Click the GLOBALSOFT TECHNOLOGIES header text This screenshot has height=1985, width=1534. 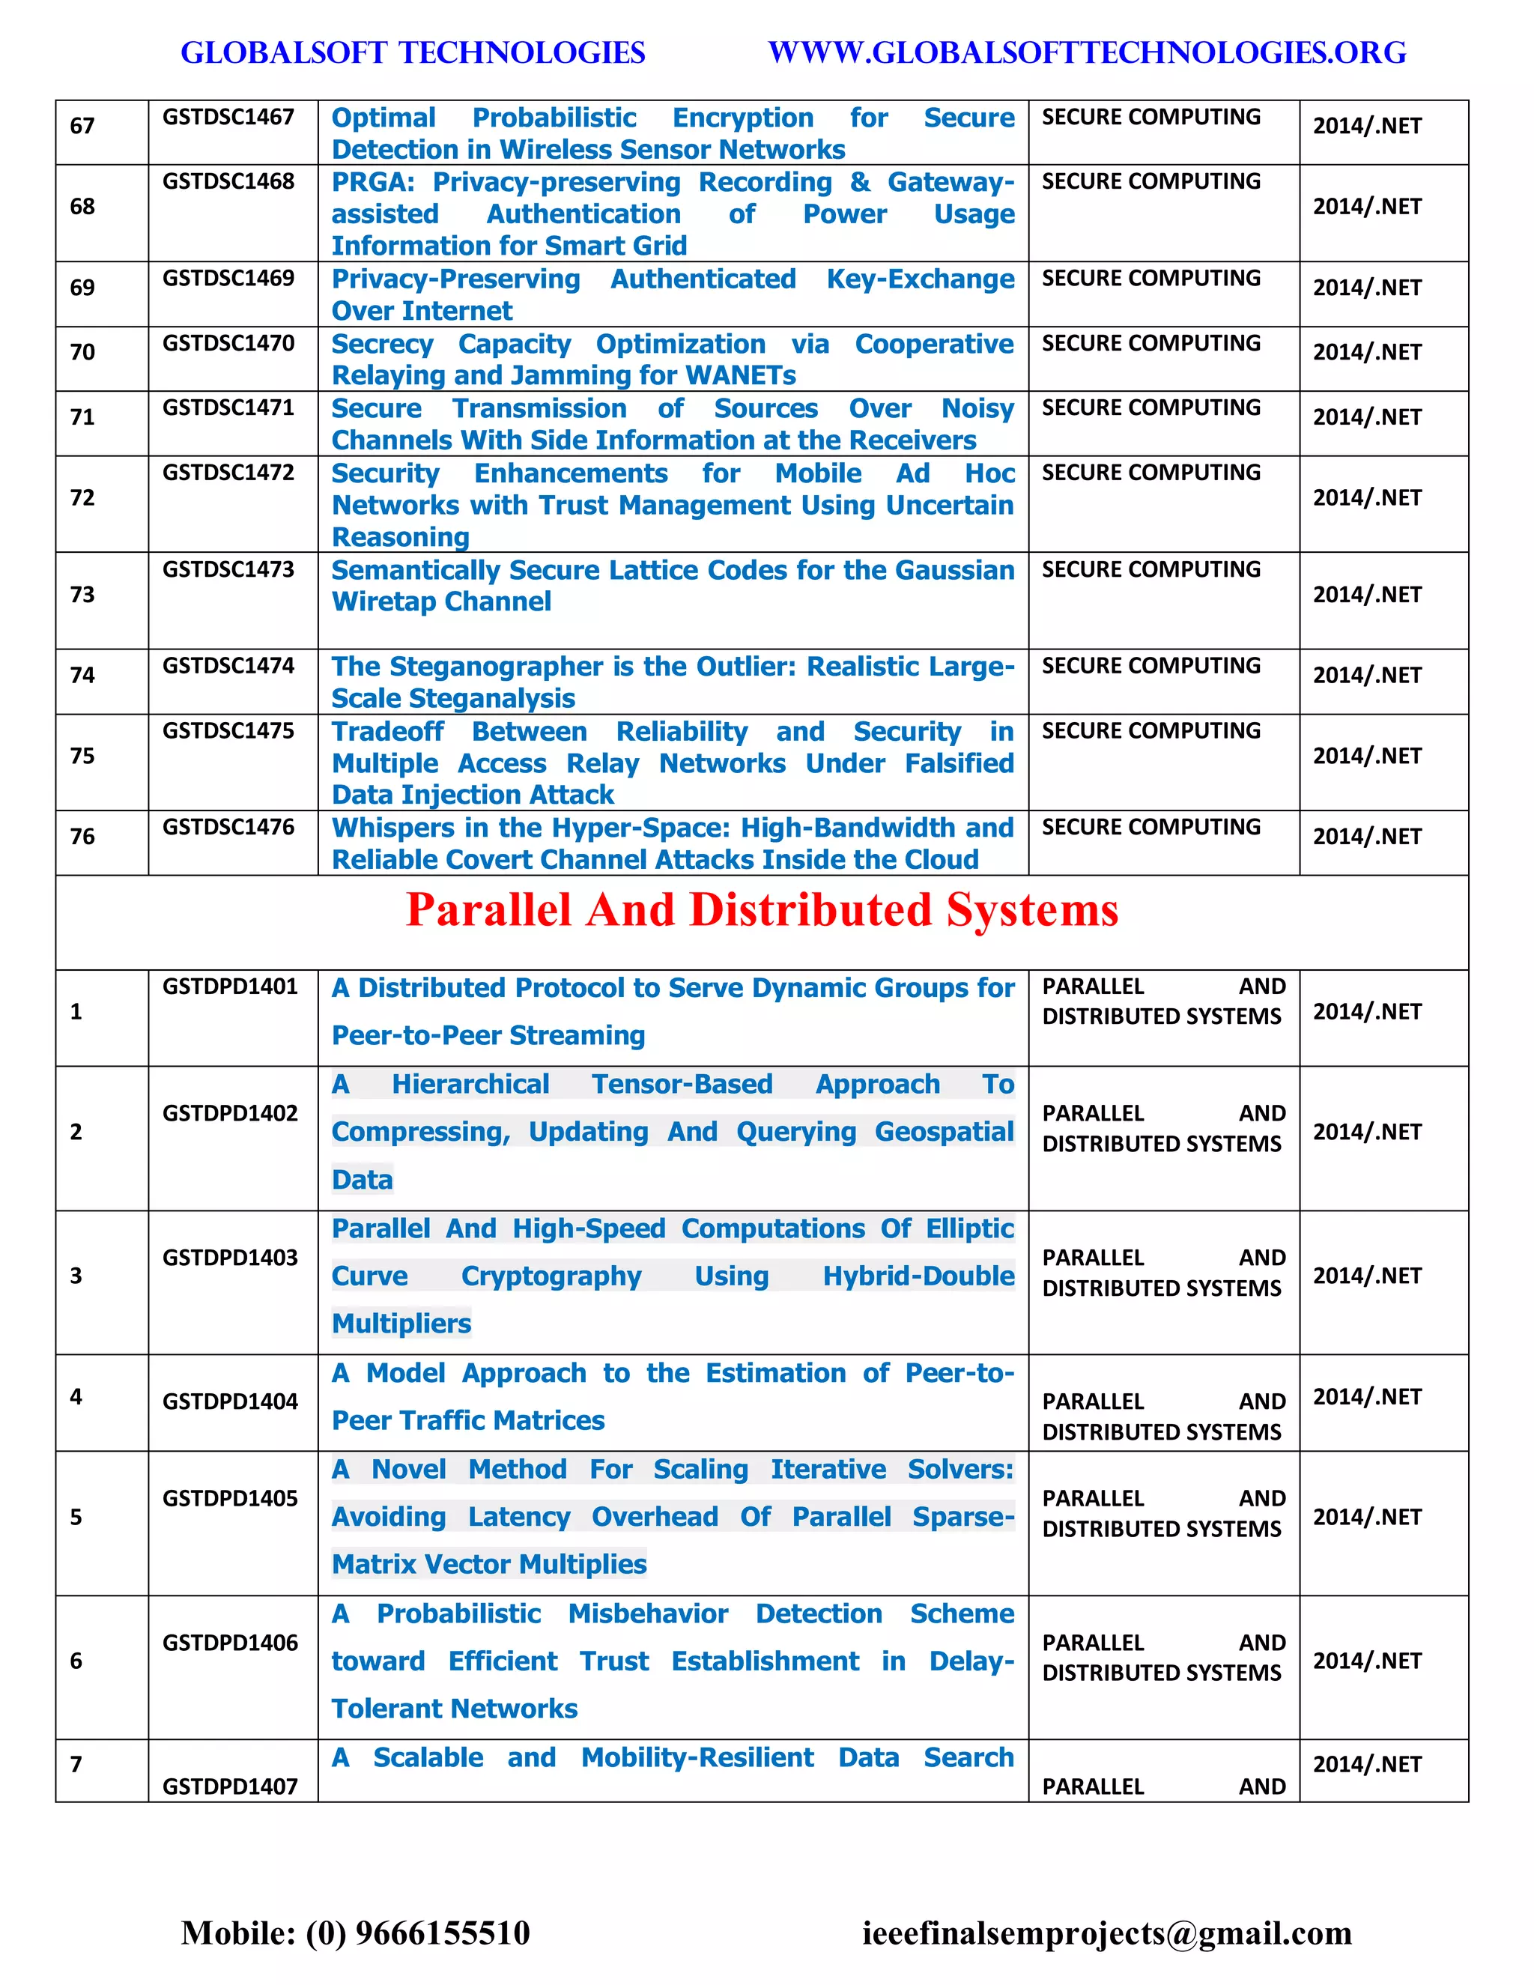[x=413, y=52]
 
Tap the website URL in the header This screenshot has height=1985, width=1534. [x=1087, y=52]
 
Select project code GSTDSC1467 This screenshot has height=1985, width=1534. [x=228, y=118]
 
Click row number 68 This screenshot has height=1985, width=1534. [x=82, y=206]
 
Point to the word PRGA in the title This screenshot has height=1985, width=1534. [x=371, y=183]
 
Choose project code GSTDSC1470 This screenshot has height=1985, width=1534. [x=228, y=344]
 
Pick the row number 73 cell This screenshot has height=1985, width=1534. [x=82, y=595]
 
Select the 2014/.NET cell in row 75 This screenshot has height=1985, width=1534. [x=1367, y=757]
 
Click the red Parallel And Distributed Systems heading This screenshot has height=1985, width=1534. [x=762, y=910]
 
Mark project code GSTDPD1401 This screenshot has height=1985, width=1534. [x=230, y=987]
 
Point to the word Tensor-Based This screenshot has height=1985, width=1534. [x=682, y=1085]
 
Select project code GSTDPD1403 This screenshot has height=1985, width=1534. [x=230, y=1258]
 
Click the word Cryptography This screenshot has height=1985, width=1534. [x=551, y=1276]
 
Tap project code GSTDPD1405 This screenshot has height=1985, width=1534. [x=230, y=1499]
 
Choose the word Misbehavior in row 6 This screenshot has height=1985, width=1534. [x=648, y=1614]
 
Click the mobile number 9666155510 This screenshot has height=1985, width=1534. [x=443, y=1933]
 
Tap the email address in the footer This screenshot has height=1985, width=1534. [x=1107, y=1933]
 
